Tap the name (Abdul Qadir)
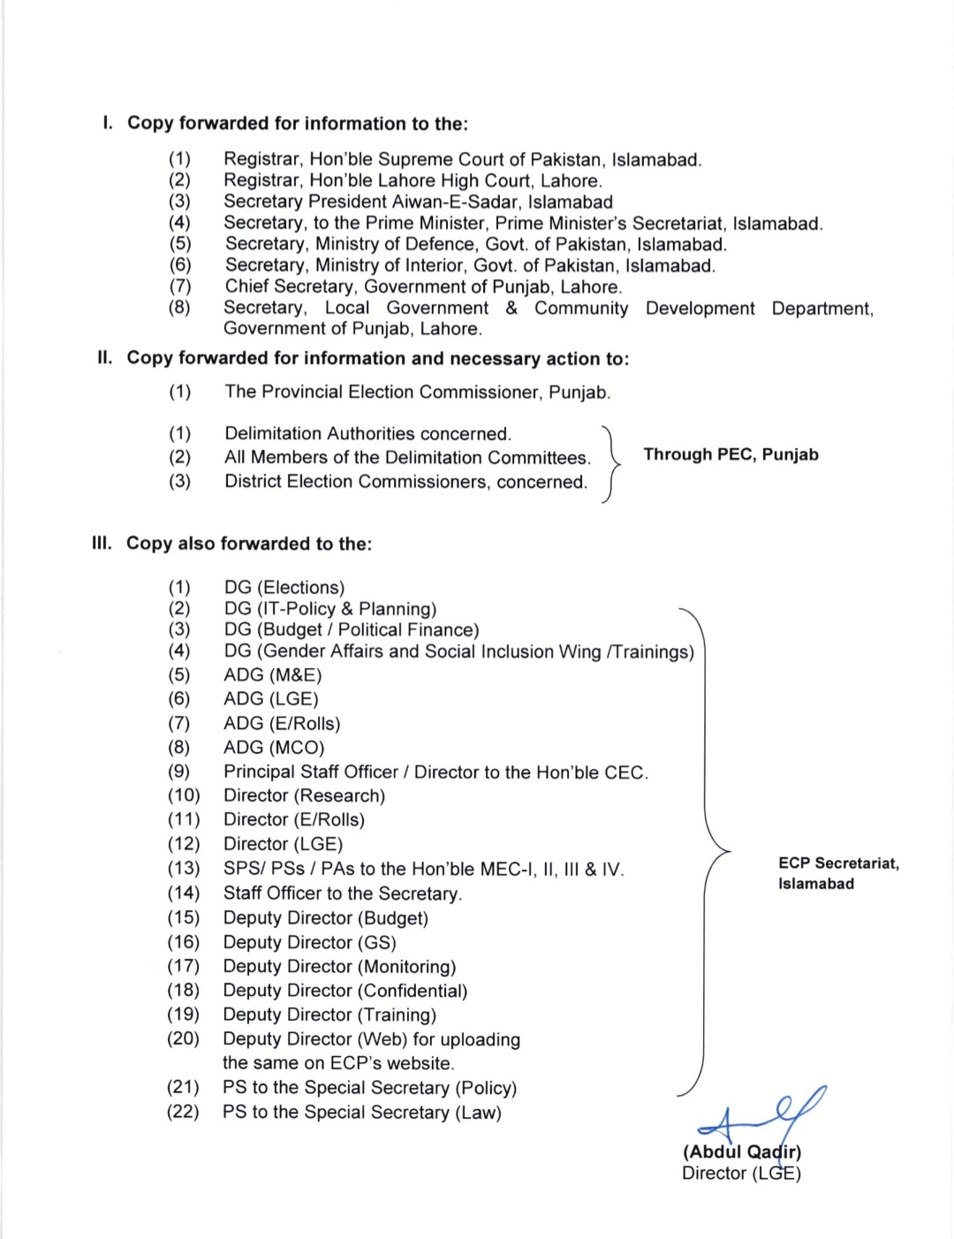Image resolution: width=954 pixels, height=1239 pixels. tap(741, 1152)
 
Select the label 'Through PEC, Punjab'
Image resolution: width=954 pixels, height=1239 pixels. tap(731, 455)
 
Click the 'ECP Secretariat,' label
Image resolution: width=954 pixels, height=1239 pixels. tap(838, 863)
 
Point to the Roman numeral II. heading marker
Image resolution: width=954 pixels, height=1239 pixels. tap(105, 359)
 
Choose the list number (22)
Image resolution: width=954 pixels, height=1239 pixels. tap(183, 1112)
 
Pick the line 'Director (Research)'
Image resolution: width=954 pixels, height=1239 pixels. tap(304, 796)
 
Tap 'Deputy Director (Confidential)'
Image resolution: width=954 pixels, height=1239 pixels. tap(344, 991)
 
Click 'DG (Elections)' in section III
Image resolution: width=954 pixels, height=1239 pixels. tap(284, 588)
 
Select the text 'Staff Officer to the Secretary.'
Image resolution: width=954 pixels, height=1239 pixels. tap(343, 893)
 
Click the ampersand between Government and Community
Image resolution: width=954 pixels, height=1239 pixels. tap(511, 308)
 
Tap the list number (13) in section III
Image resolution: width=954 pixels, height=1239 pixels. tap(184, 869)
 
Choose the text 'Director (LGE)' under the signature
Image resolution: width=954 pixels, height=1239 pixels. tap(741, 1174)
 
